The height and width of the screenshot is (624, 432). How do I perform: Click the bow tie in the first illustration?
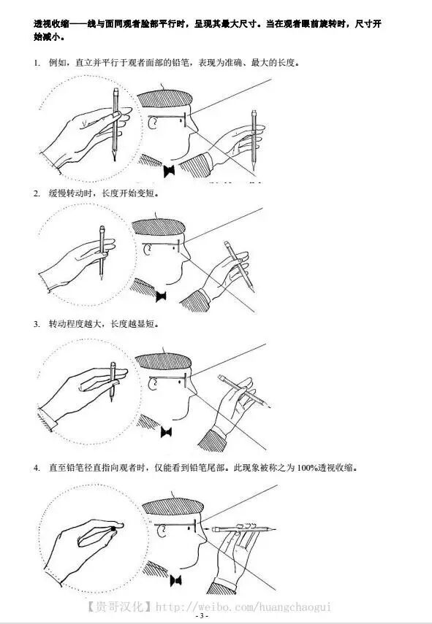[170, 172]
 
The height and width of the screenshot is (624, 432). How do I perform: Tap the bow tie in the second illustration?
[161, 296]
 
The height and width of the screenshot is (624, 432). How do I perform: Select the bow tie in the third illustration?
[166, 432]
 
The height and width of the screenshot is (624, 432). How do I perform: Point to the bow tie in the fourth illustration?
[175, 580]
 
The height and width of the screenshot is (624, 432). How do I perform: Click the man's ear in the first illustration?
[152, 123]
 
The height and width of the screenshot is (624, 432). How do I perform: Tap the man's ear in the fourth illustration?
[162, 531]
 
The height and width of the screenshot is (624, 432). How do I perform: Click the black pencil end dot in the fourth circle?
[113, 528]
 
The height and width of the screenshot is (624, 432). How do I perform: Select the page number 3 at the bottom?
[202, 616]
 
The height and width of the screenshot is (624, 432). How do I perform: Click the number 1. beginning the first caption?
[37, 63]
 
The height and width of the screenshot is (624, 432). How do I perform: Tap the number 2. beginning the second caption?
[37, 194]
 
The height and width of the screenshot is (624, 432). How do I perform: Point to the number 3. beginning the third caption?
[37, 324]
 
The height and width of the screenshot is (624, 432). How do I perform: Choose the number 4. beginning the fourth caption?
[37, 468]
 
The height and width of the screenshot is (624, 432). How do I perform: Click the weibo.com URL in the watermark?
[243, 607]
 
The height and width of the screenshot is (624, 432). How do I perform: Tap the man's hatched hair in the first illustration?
[164, 99]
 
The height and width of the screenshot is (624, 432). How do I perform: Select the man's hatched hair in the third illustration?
[164, 361]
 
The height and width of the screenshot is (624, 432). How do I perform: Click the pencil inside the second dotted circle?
[102, 253]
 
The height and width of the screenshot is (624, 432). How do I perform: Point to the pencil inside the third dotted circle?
[113, 381]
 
